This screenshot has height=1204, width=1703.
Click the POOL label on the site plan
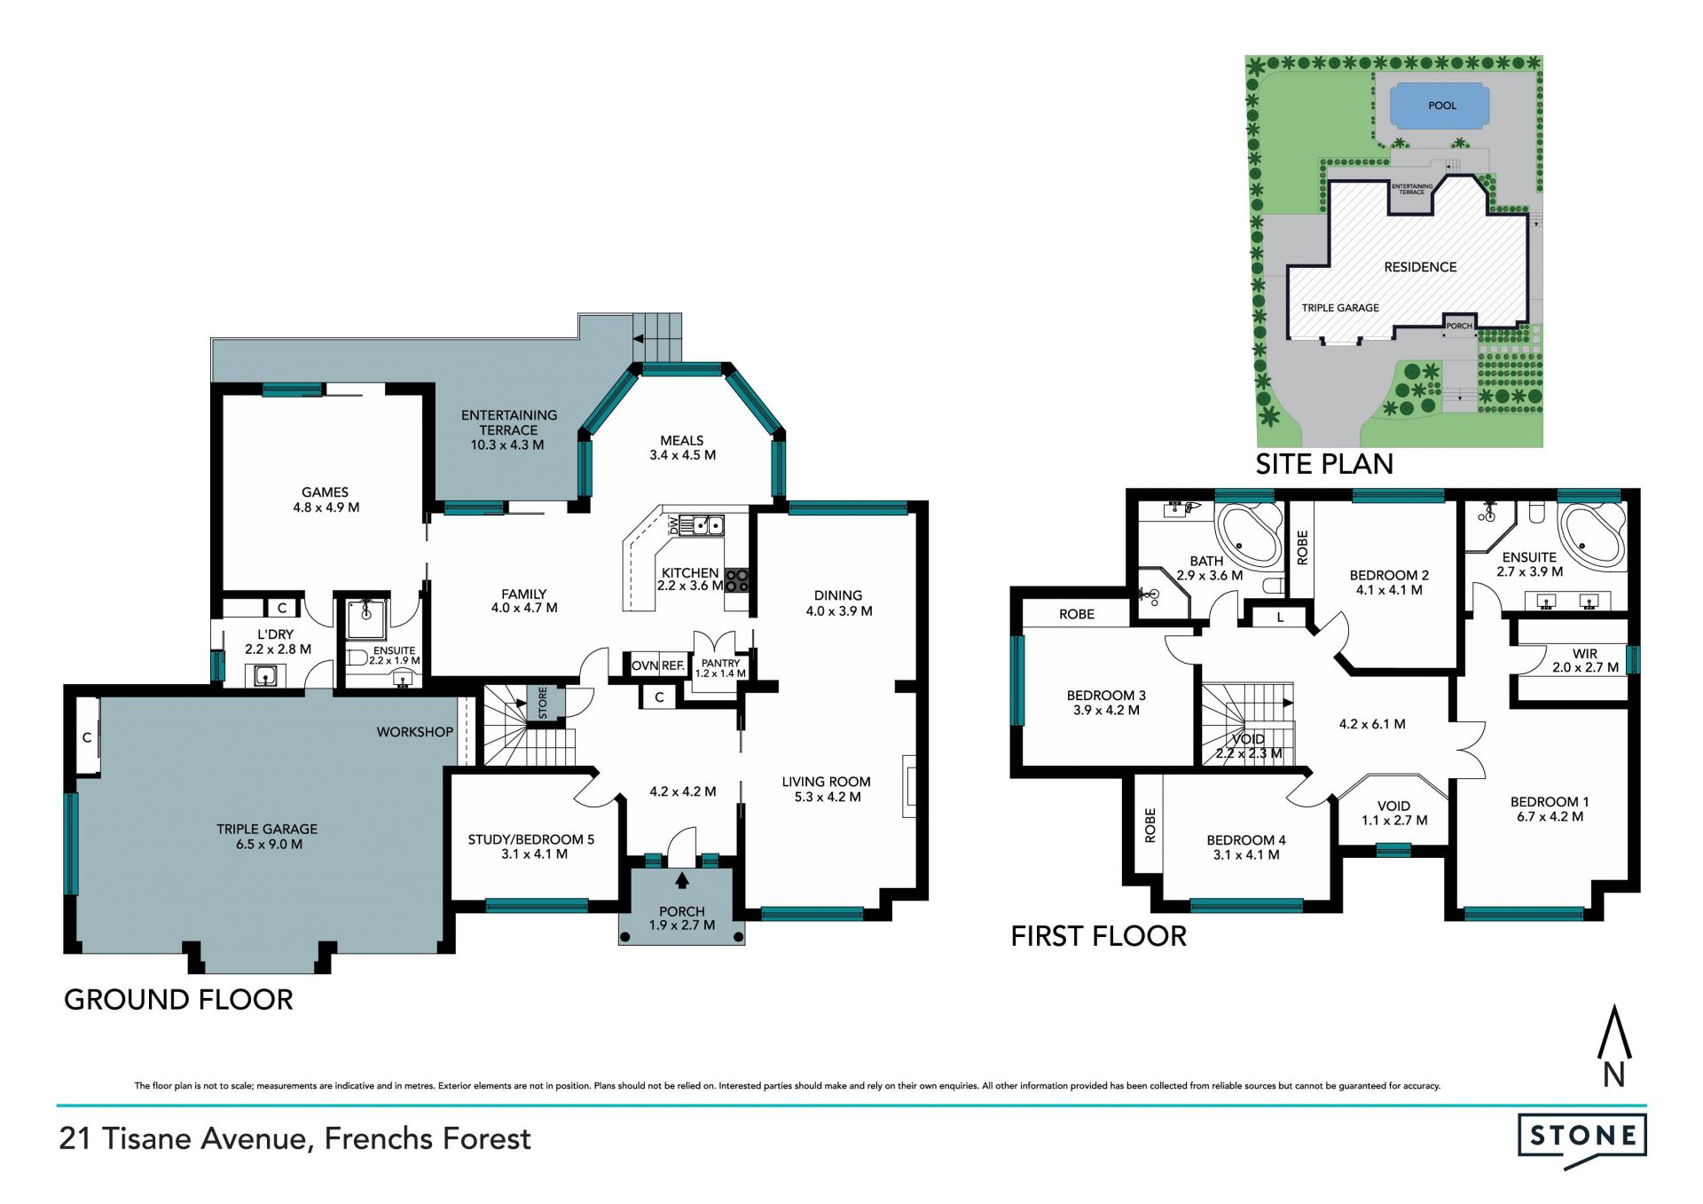click(1442, 106)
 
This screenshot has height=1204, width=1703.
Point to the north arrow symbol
click(1614, 1046)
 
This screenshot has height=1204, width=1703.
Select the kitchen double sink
click(707, 525)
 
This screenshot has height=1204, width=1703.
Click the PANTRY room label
click(720, 663)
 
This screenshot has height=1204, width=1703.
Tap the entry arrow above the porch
click(682, 880)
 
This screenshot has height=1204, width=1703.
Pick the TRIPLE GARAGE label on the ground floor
click(267, 829)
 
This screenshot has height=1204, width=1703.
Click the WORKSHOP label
click(414, 732)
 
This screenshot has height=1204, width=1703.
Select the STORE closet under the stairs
click(544, 703)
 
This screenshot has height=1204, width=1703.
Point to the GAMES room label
click(325, 492)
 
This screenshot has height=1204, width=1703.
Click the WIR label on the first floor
click(1585, 654)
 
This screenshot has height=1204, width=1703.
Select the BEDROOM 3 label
click(1106, 696)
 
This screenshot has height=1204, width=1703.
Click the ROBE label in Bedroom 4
click(1150, 825)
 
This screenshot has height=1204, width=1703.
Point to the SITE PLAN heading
click(1324, 464)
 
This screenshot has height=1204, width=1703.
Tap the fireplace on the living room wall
click(909, 785)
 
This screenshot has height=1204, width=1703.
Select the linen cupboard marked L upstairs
click(1280, 616)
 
